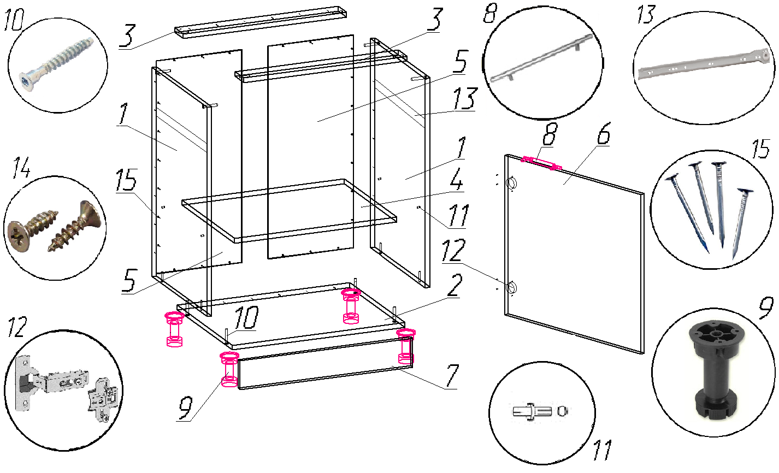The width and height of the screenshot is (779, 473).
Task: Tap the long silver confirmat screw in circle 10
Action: pyautogui.click(x=57, y=64)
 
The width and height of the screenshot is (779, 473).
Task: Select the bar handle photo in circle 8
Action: pyautogui.click(x=541, y=58)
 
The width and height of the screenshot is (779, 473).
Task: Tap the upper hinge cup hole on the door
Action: pyautogui.click(x=512, y=184)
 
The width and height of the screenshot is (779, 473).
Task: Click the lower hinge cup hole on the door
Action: pyautogui.click(x=512, y=288)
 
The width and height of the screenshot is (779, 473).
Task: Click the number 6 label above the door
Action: pyautogui.click(x=604, y=133)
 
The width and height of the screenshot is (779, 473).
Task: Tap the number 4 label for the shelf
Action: pyautogui.click(x=456, y=179)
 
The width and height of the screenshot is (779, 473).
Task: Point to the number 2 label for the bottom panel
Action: pyautogui.click(x=455, y=285)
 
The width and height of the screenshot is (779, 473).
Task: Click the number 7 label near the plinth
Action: pyautogui.click(x=452, y=376)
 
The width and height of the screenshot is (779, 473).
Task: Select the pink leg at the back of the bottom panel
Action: pyautogui.click(x=351, y=306)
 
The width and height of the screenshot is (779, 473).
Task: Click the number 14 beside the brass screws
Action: pyautogui.click(x=21, y=168)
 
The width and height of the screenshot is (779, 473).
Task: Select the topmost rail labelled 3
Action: pyautogui.click(x=260, y=22)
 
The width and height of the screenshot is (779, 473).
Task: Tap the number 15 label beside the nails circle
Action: pyautogui.click(x=761, y=150)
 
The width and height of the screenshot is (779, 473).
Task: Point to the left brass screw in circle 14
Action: pyautogui.click(x=32, y=230)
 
